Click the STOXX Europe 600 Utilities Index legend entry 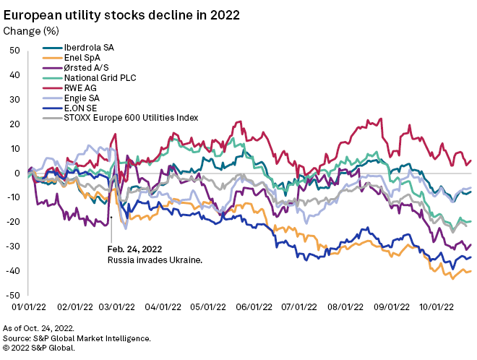[x=130, y=117]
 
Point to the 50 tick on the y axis [x=14, y=51]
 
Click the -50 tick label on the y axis [x=13, y=296]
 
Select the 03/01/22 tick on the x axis [x=111, y=306]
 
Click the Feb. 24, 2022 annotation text [x=134, y=249]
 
